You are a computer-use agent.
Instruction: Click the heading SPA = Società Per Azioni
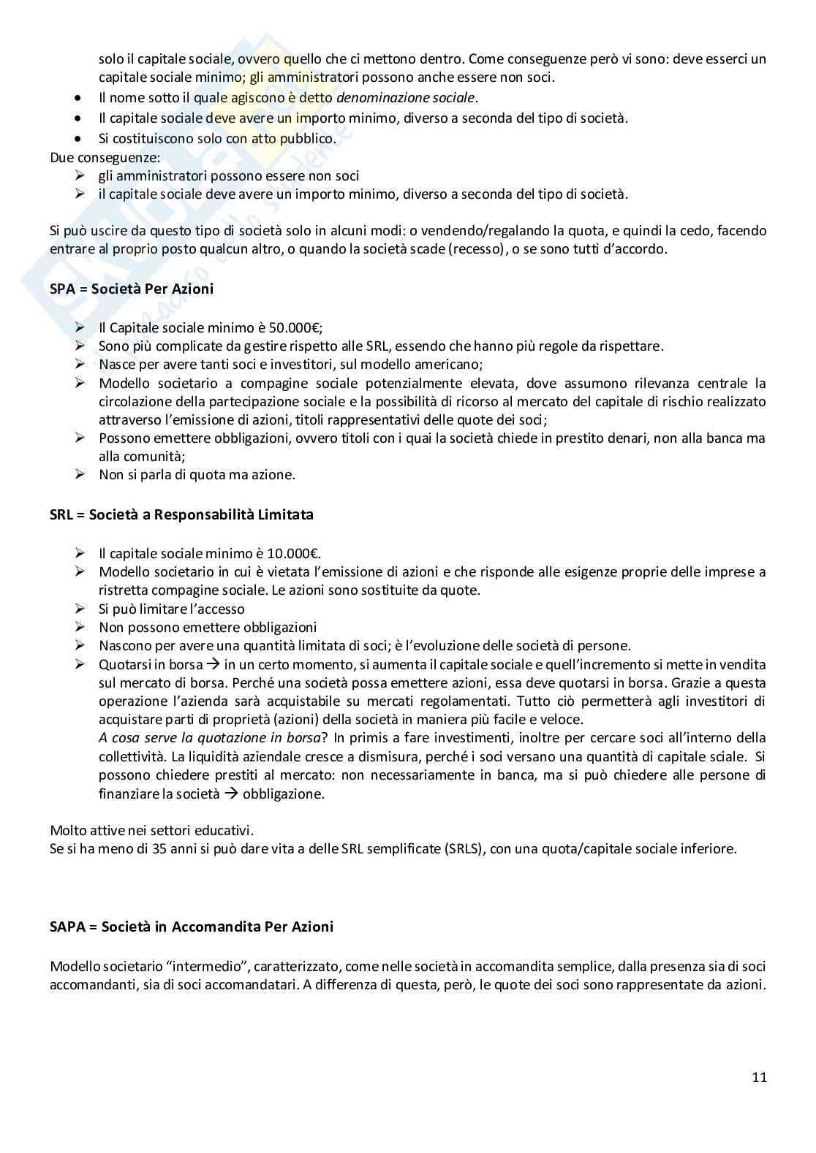[x=132, y=289]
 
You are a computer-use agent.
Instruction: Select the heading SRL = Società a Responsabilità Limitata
[x=181, y=514]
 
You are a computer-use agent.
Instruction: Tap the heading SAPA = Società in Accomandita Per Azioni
[x=192, y=926]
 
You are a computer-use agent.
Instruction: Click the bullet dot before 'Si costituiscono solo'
[x=79, y=138]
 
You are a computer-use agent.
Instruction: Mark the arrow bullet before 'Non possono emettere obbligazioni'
[x=80, y=627]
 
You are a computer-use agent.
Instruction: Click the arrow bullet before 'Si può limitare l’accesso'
[x=80, y=609]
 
